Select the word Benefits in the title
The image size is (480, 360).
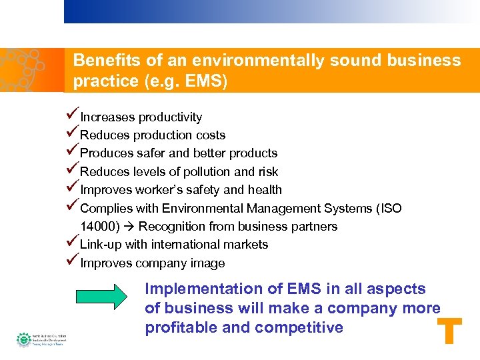tap(107, 61)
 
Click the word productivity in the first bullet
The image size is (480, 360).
tap(170, 117)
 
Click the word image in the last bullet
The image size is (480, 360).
tap(209, 263)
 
